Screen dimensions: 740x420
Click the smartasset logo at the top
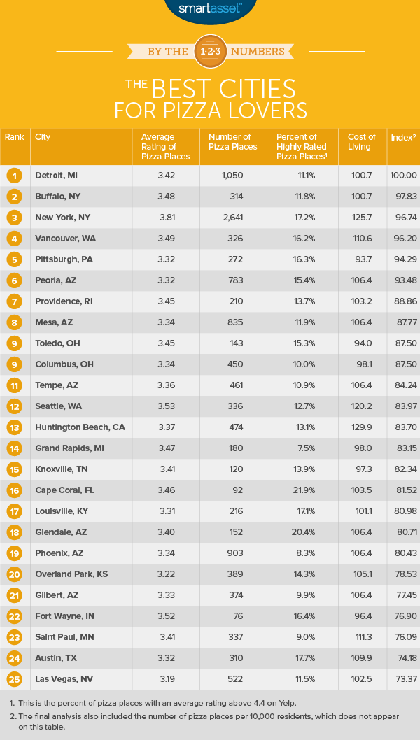tap(210, 9)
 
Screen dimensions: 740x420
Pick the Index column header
tap(402, 137)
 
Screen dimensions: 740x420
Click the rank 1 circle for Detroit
tap(14, 176)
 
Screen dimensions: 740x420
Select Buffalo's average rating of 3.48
tap(165, 197)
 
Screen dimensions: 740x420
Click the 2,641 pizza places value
tap(232, 218)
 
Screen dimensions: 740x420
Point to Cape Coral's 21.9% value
tap(301, 490)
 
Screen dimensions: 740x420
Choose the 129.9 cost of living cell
tap(361, 427)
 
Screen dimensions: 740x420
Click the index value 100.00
tap(402, 176)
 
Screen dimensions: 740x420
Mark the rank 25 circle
tap(14, 679)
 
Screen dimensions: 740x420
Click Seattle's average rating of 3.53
tap(165, 406)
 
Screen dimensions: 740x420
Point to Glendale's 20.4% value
tap(301, 532)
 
